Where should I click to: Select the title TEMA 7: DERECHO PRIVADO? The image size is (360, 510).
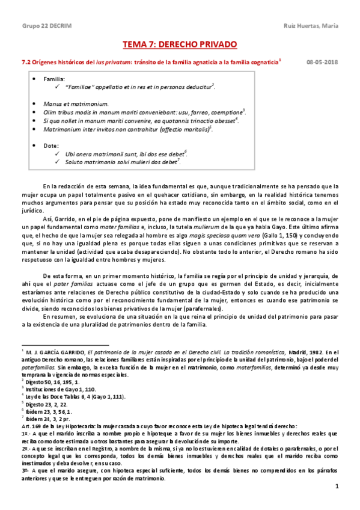click(x=180, y=45)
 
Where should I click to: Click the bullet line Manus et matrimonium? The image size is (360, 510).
click(x=76, y=103)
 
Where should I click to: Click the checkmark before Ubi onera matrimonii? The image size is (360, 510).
click(x=56, y=154)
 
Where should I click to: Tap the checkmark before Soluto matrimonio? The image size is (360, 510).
click(x=56, y=162)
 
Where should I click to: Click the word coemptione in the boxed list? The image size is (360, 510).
click(x=223, y=112)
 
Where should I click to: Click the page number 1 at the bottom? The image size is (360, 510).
click(x=338, y=485)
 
